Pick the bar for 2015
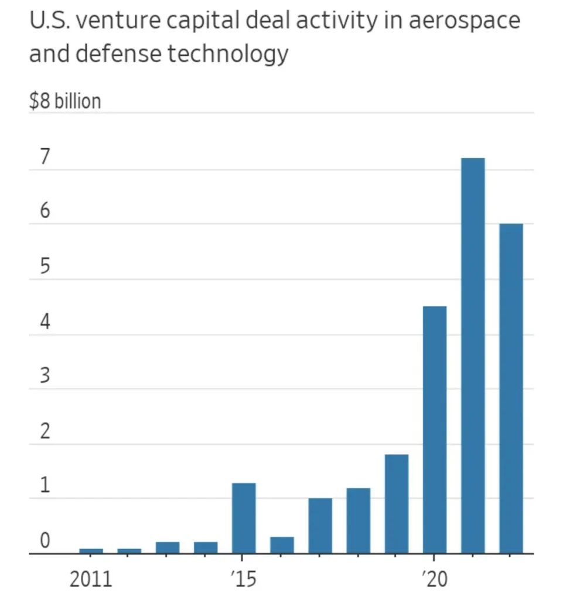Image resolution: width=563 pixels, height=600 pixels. coord(244,518)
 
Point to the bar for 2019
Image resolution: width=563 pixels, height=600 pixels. coord(397,504)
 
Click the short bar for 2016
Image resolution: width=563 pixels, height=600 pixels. coord(282,545)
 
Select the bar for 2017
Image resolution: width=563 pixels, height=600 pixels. coord(320,526)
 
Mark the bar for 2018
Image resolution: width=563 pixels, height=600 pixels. coord(358,520)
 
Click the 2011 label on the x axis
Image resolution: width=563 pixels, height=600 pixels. coord(90,579)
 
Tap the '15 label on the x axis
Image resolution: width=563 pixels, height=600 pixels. coord(243,579)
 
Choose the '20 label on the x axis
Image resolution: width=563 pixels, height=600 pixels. coord(434,579)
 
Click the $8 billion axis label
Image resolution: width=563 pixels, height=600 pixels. coord(64,101)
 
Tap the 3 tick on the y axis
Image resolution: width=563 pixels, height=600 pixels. coord(45,377)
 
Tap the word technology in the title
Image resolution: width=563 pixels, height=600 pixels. coord(228,54)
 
